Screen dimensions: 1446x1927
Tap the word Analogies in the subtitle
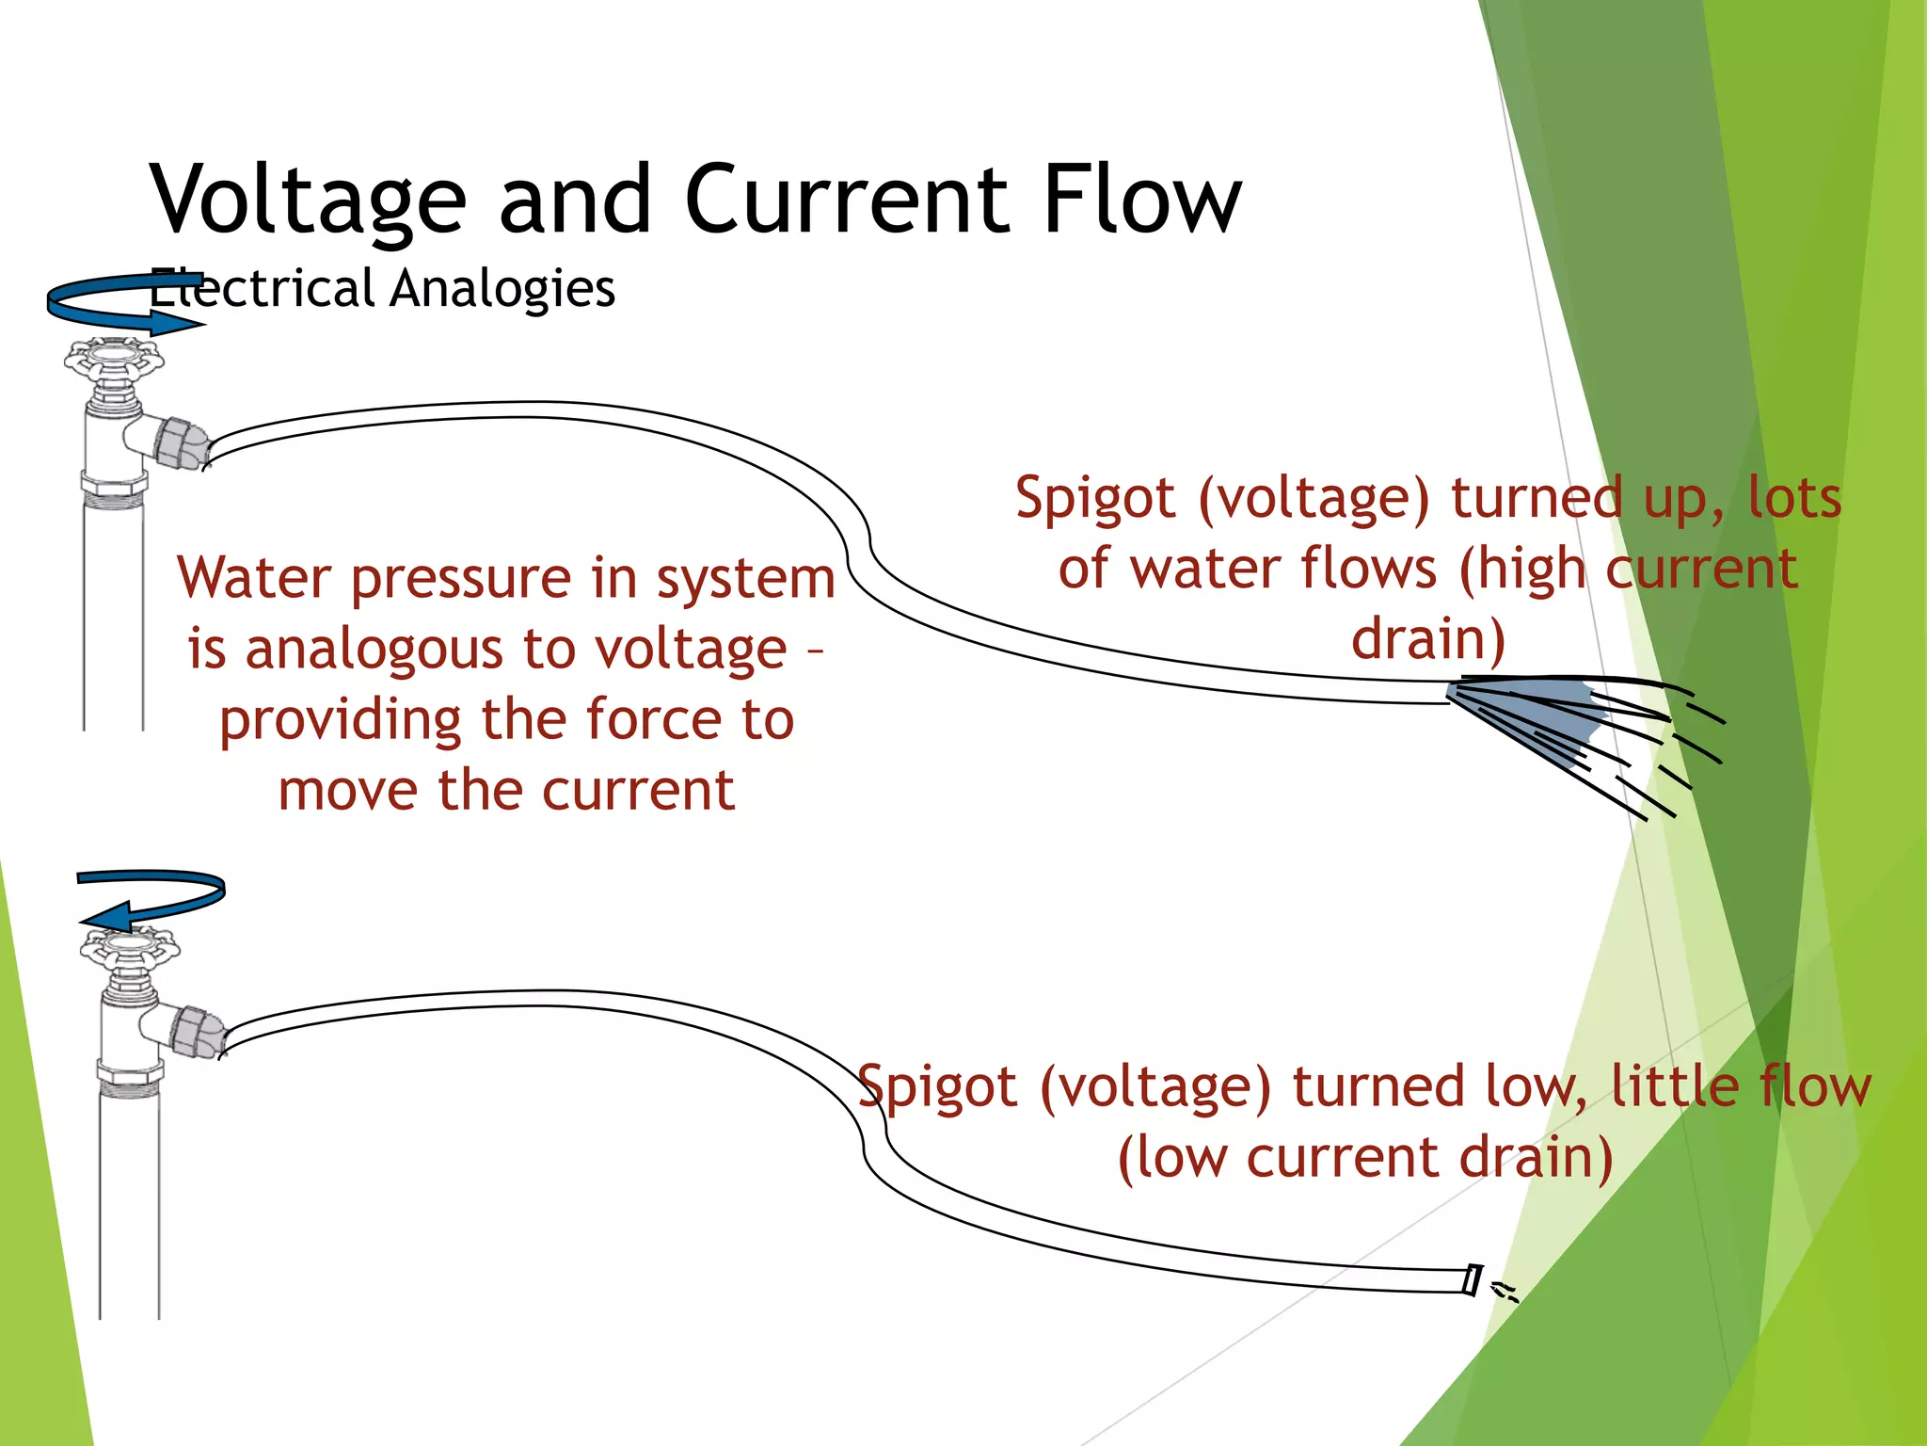point(502,288)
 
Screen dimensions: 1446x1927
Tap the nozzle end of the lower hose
point(1473,1280)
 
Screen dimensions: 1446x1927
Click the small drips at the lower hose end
point(1505,1292)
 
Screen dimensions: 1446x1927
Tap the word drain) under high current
point(1428,639)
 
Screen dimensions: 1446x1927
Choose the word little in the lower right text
point(1674,1086)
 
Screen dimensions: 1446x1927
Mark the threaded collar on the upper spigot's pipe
point(113,489)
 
